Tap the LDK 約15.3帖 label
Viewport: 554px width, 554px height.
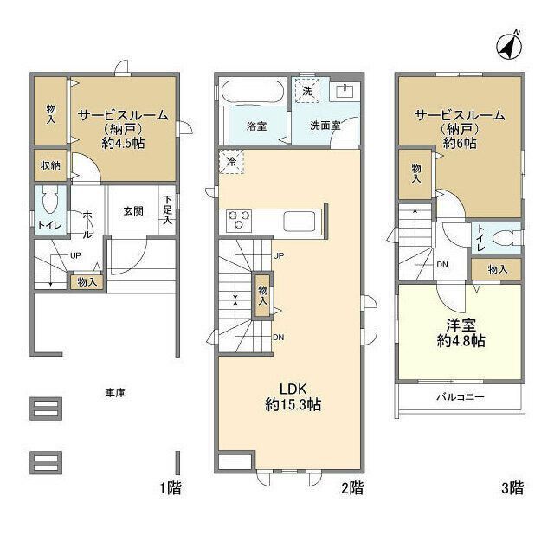click(x=293, y=396)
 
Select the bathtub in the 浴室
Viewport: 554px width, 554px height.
click(x=253, y=93)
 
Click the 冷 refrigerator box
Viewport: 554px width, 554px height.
click(x=232, y=162)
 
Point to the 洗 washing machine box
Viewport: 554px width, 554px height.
click(x=307, y=91)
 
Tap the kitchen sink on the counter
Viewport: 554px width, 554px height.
click(x=300, y=222)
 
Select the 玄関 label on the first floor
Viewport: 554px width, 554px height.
click(x=133, y=211)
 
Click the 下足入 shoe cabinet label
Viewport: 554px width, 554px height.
click(x=167, y=210)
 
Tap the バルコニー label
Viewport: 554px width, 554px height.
click(x=461, y=396)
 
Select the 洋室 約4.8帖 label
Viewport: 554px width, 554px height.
click(x=461, y=332)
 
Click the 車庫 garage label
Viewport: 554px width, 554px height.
click(x=115, y=392)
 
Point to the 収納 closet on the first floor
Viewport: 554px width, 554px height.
click(x=50, y=165)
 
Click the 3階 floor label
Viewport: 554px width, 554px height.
click(x=512, y=488)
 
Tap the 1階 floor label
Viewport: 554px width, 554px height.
click(x=171, y=488)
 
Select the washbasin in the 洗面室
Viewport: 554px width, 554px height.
click(x=344, y=92)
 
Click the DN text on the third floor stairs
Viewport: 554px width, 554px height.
click(x=442, y=264)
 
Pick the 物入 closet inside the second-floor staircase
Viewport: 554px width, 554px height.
click(x=262, y=296)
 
